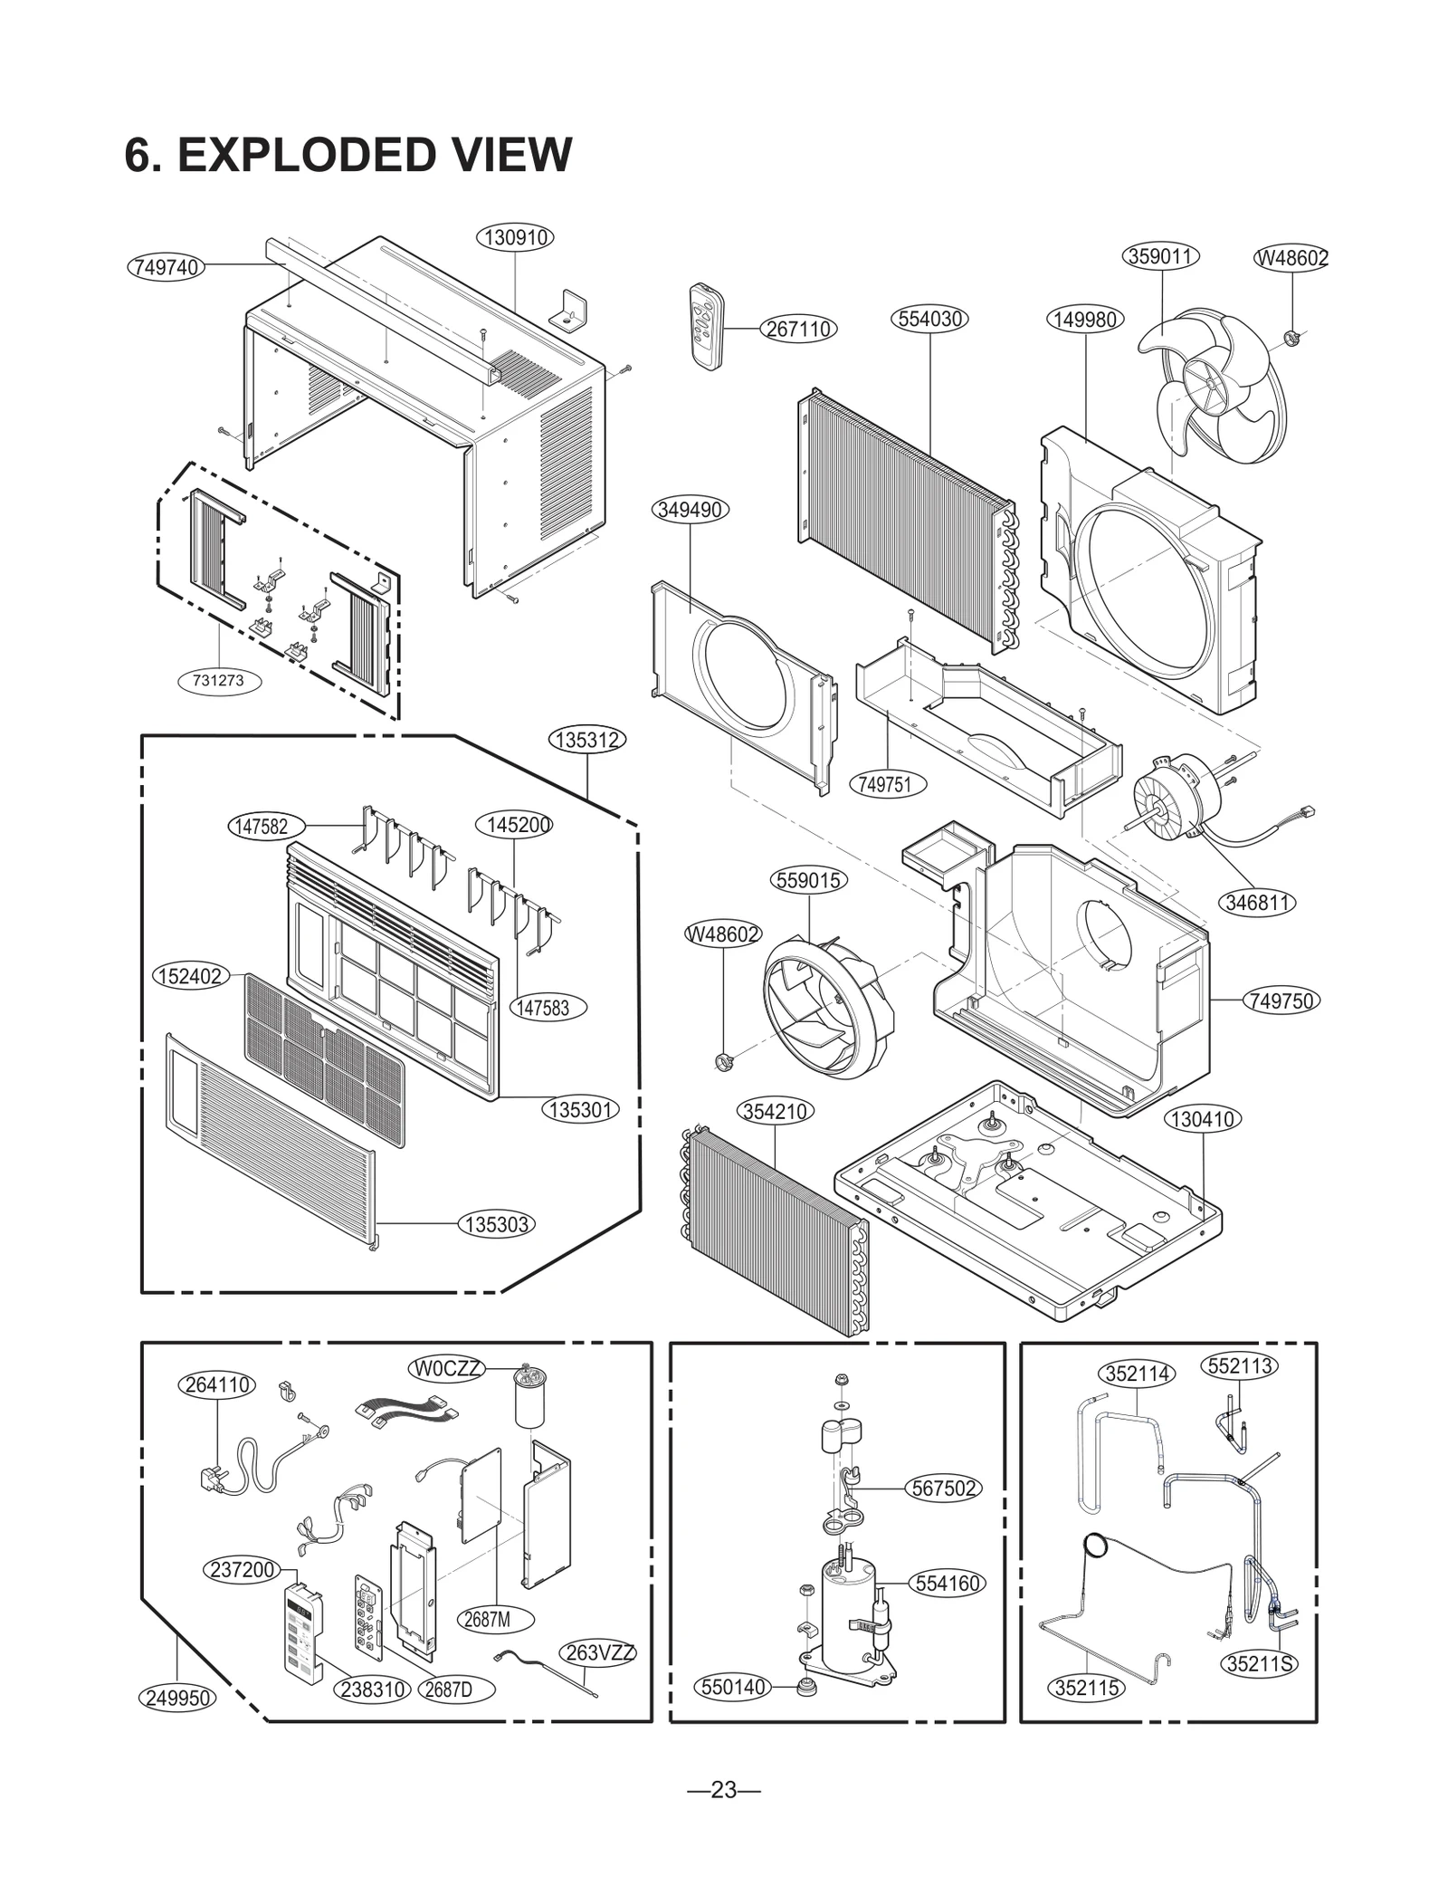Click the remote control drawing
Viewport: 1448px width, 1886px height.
coord(706,326)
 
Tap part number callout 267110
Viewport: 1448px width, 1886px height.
coord(798,329)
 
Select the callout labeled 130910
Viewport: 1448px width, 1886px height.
coord(515,237)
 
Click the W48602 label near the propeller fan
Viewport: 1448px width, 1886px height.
coord(1291,258)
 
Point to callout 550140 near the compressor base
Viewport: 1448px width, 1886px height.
coord(735,1687)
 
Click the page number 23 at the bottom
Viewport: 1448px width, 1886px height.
coord(723,1790)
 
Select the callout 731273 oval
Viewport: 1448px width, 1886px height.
coord(218,680)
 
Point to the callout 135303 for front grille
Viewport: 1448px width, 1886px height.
coord(497,1225)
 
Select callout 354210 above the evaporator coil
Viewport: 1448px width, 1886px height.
coord(776,1111)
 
